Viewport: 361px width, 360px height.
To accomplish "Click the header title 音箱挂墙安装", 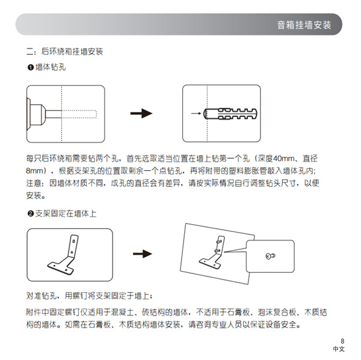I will click(x=304, y=25).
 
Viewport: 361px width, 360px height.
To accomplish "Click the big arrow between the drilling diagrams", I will click(x=140, y=113).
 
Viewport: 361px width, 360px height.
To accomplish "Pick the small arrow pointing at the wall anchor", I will click(x=196, y=113).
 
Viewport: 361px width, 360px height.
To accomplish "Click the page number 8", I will click(x=341, y=340).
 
